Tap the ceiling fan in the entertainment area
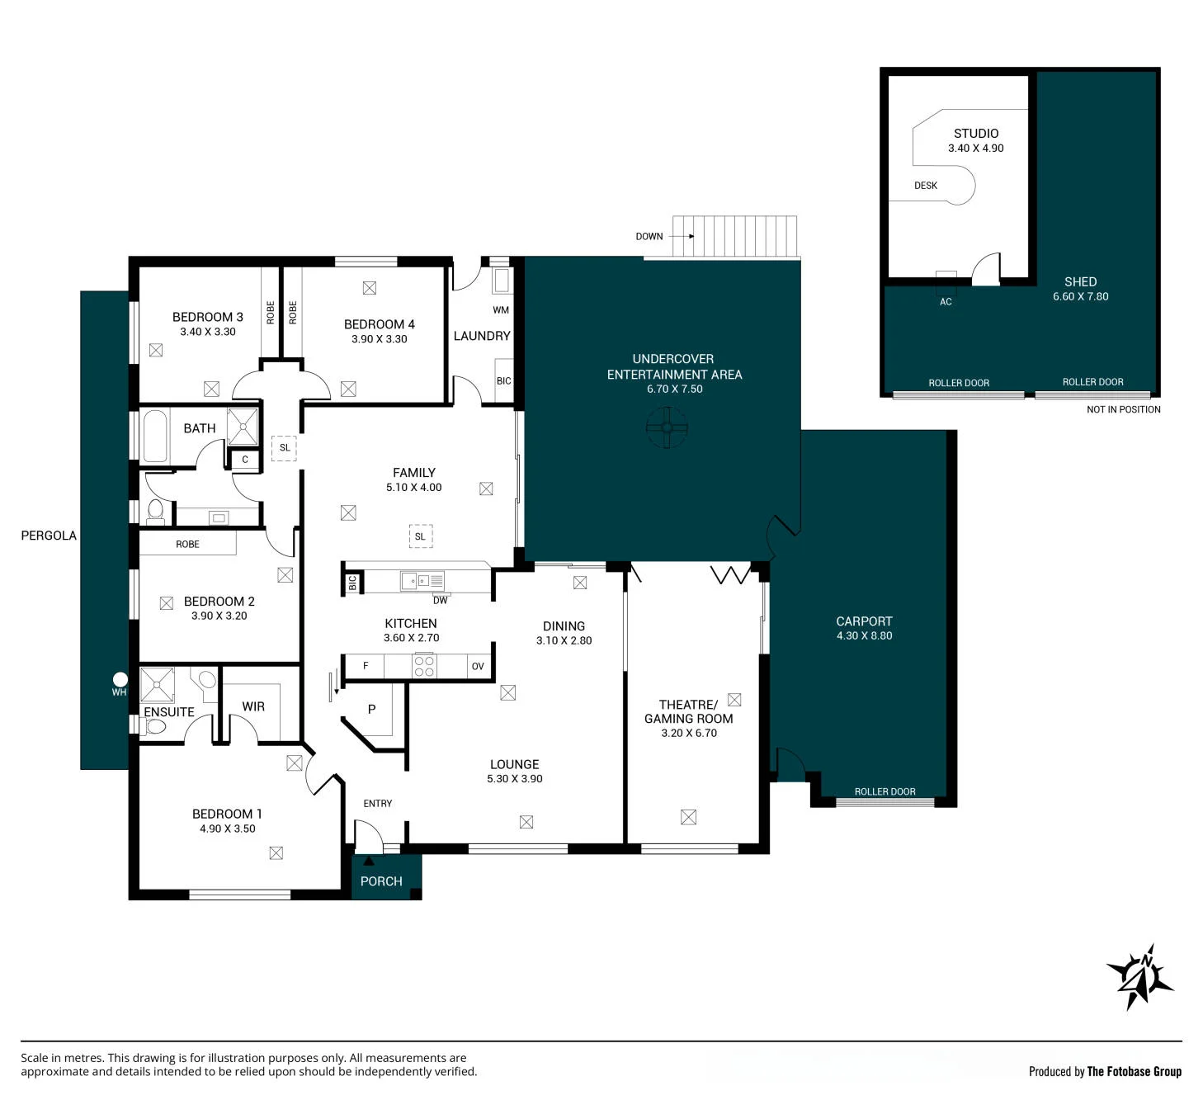tap(666, 427)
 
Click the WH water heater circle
tap(120, 679)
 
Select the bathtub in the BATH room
tap(155, 436)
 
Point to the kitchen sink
tap(422, 581)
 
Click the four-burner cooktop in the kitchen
tap(424, 666)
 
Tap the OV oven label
tap(478, 666)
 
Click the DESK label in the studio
tap(925, 186)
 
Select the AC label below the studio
tap(946, 302)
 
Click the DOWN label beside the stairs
tap(649, 236)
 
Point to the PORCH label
tap(381, 881)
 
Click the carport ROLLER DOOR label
tap(885, 791)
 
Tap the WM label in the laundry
tap(501, 310)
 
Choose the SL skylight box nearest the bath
tap(284, 448)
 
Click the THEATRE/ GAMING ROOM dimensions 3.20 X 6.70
tap(689, 733)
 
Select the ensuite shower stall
tap(157, 684)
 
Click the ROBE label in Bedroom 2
tap(187, 544)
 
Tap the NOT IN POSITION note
tap(1123, 409)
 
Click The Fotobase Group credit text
tap(1134, 1071)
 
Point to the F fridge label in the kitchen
tap(366, 666)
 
